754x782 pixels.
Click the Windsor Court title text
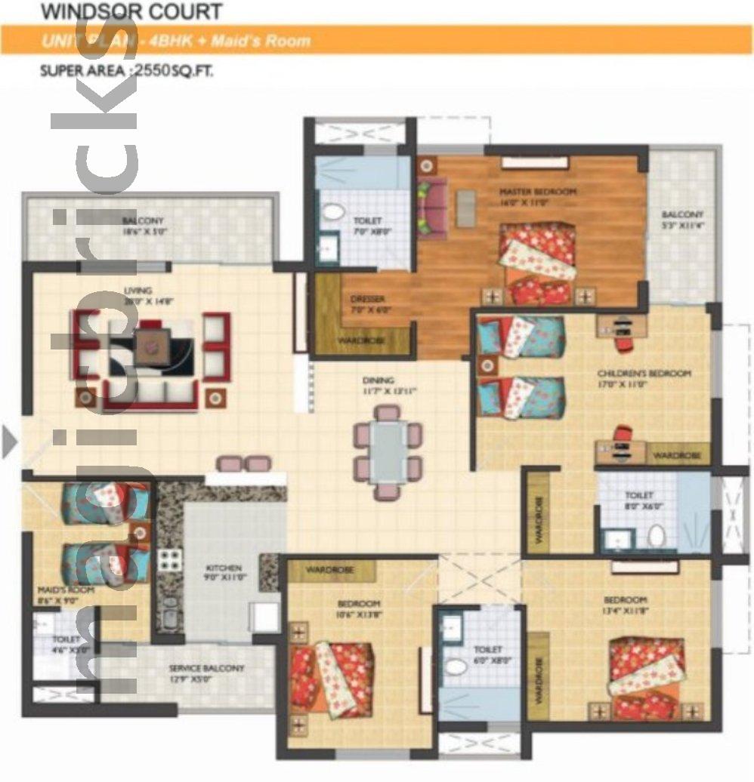pyautogui.click(x=131, y=11)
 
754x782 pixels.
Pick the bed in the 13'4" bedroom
pyautogui.click(x=646, y=677)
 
